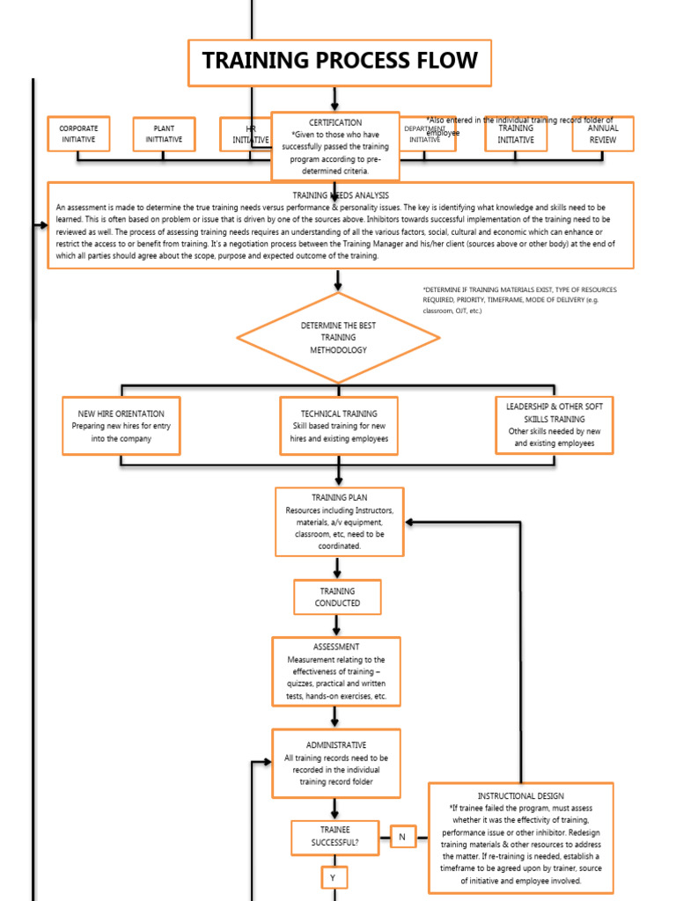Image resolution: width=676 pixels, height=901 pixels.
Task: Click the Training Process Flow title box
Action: [x=339, y=62]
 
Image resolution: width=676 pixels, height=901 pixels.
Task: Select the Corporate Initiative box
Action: [x=78, y=134]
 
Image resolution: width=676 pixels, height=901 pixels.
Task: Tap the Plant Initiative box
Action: [x=164, y=134]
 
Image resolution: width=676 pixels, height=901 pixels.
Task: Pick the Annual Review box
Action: [x=603, y=134]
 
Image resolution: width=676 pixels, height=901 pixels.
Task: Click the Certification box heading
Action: [x=334, y=122]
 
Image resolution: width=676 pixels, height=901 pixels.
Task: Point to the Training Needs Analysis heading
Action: [x=341, y=194]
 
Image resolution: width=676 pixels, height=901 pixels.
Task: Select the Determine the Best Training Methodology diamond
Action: [x=339, y=338]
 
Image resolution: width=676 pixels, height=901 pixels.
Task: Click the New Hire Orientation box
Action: [x=121, y=426]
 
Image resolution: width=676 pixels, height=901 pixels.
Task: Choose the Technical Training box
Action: [x=339, y=426]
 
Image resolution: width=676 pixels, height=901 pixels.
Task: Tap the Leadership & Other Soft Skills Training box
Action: [x=555, y=425]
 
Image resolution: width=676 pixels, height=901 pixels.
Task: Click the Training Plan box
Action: [x=339, y=522]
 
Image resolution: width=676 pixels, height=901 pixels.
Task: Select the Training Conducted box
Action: [x=337, y=597]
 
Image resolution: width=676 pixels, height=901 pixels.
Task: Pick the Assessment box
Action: [x=336, y=671]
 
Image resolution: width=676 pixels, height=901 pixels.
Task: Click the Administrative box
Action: [x=336, y=764]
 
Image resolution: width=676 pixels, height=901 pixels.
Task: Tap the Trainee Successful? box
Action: [x=336, y=837]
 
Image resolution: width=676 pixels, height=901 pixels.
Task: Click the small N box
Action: [x=402, y=837]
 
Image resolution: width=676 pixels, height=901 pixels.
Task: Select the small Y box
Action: [x=333, y=878]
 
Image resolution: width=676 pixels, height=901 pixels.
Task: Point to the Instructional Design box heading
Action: [x=520, y=795]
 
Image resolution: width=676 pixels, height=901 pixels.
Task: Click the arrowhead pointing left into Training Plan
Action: [x=411, y=522]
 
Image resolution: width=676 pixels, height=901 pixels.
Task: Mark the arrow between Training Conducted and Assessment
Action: [x=336, y=626]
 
